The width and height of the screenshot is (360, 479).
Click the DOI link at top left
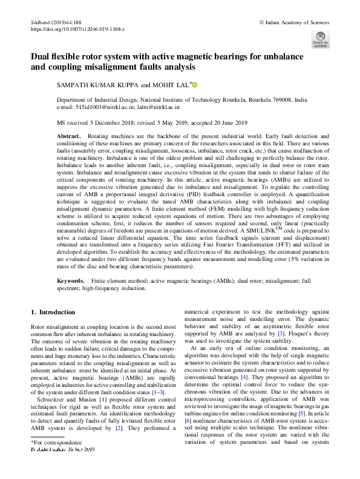pos(77,29)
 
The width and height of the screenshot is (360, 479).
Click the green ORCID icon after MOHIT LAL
pos(195,85)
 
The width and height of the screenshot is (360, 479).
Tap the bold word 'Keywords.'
pos(71,282)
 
